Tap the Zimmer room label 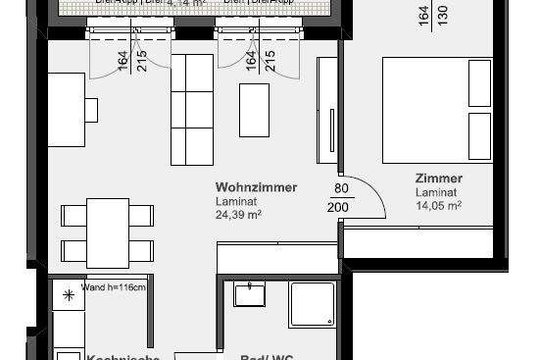coord(437,179)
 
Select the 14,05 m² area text coord(437,206)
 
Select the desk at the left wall coord(66,109)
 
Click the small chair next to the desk coord(91,109)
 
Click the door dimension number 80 coord(340,189)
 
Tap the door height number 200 coord(340,207)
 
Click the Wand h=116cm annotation coord(113,288)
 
